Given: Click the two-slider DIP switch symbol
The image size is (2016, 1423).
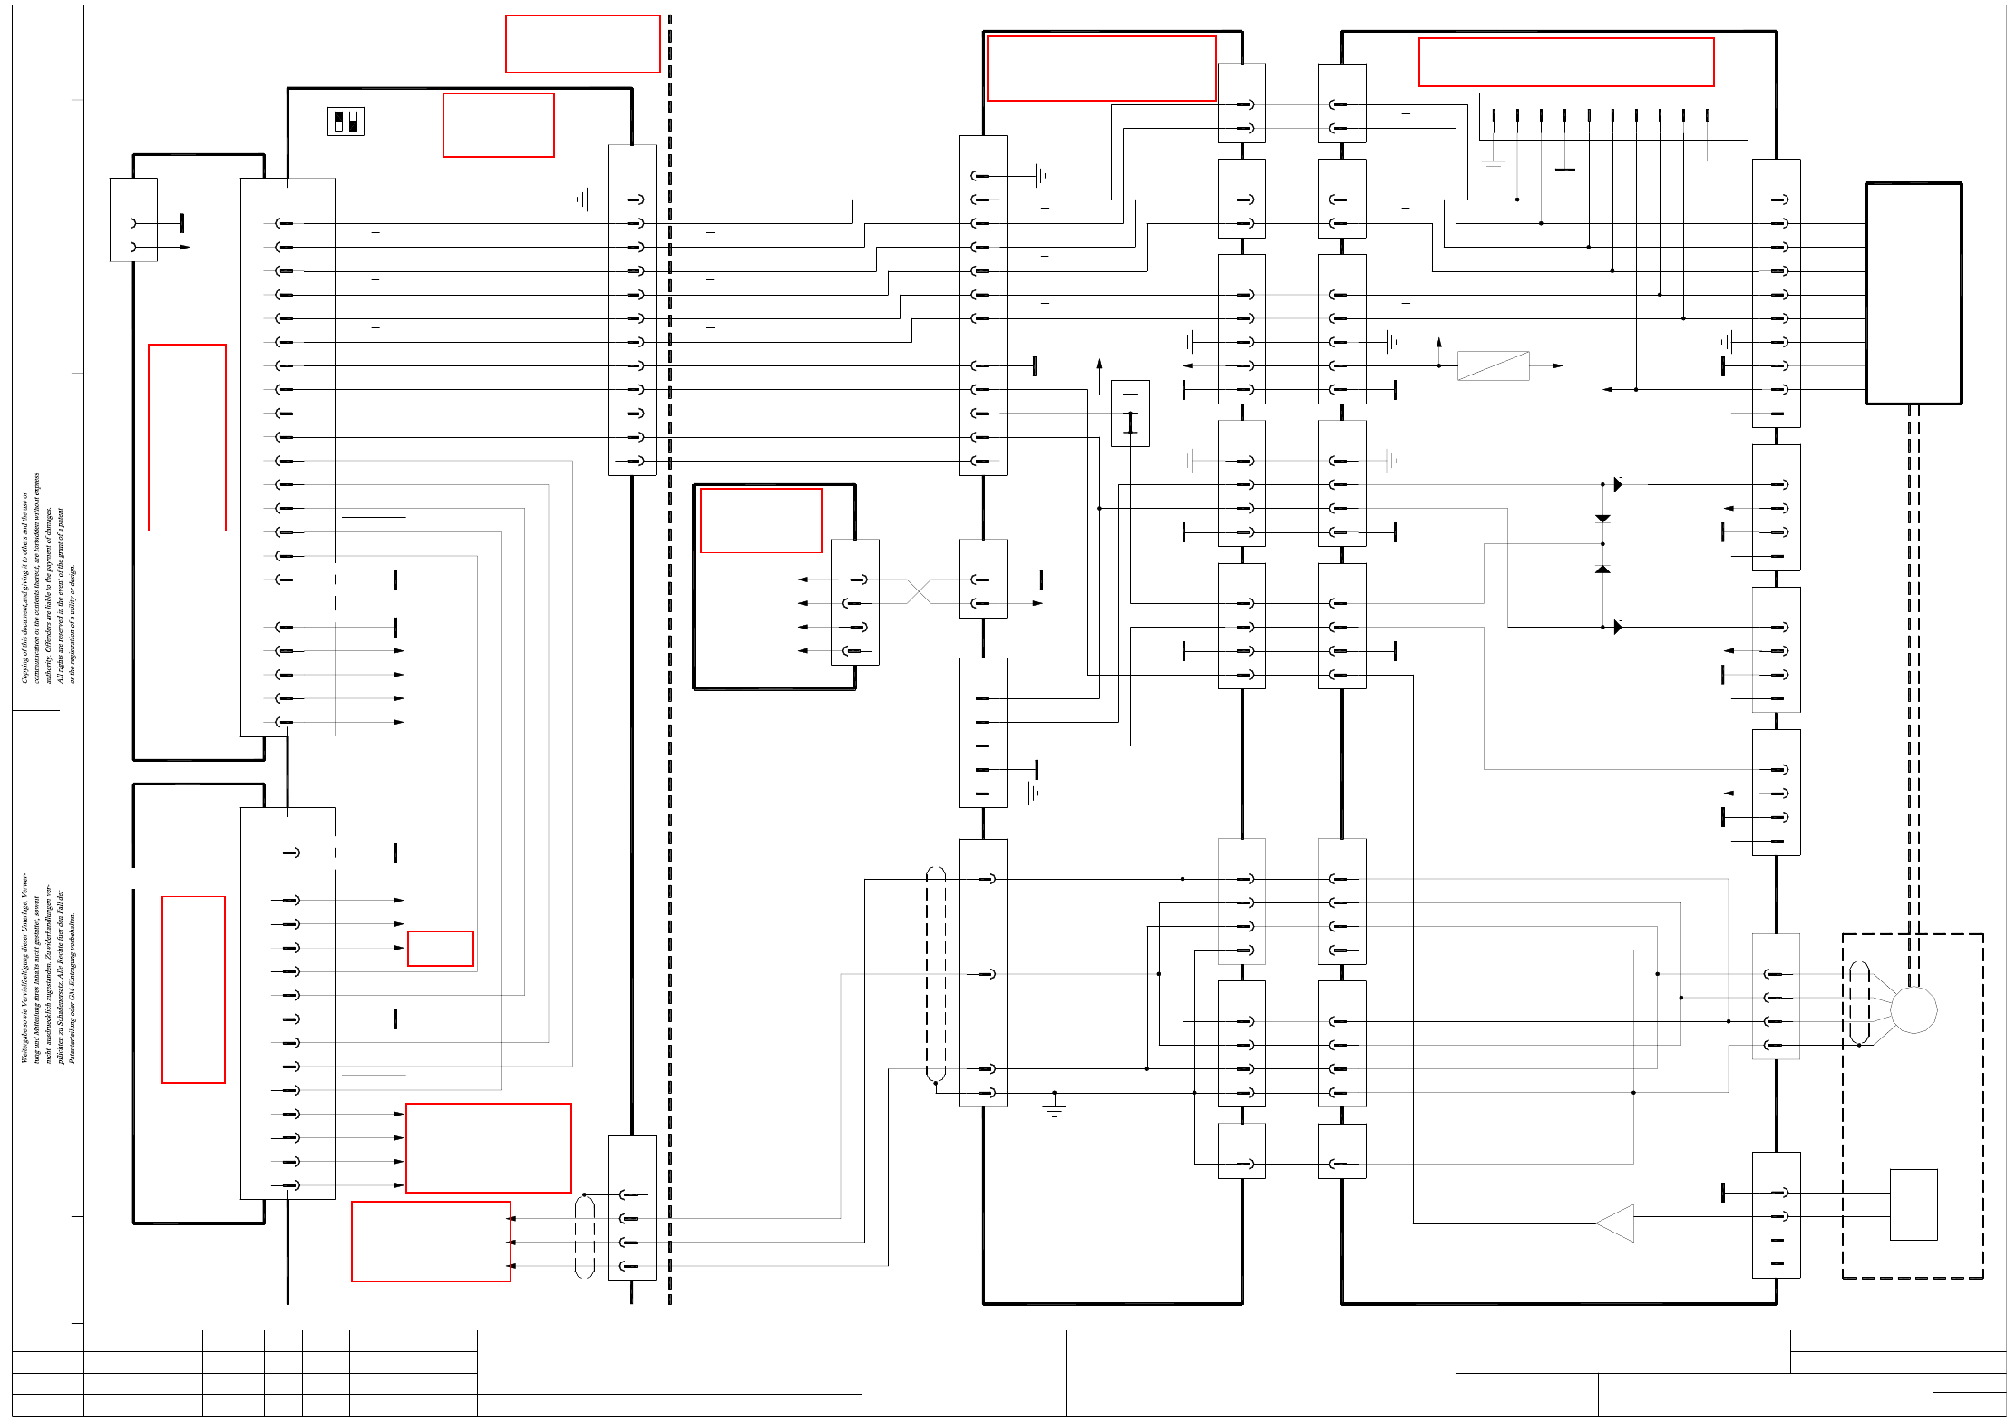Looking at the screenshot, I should (346, 122).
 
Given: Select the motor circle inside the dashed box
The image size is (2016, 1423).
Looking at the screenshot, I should (1914, 1009).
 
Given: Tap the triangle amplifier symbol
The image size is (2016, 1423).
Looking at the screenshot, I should (1617, 1223).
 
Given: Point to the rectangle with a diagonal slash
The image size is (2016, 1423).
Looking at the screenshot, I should (1493, 365).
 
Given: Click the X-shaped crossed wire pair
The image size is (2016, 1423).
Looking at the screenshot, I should (919, 591).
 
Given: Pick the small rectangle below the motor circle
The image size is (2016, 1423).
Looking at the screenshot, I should (1914, 1204).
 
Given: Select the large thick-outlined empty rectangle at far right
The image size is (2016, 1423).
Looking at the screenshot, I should (1914, 294).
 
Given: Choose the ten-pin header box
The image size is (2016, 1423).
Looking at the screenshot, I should (1612, 116).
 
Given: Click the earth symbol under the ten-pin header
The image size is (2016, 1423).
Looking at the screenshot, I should (1493, 166).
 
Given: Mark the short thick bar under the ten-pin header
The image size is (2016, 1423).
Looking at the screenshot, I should (1564, 170).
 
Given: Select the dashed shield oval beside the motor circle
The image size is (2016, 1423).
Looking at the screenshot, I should (1859, 1002).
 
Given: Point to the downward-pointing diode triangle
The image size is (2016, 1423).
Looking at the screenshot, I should (1602, 519).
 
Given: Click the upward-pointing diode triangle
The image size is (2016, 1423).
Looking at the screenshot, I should (1602, 569).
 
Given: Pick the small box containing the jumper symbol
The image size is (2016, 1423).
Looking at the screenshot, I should (1130, 414).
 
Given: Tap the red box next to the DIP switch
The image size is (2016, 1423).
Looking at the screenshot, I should (499, 125).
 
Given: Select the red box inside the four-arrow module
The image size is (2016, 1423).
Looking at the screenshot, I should (761, 521).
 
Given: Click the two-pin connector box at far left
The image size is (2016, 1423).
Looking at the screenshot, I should (133, 219).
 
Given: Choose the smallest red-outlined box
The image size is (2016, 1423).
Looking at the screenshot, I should (441, 949).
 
